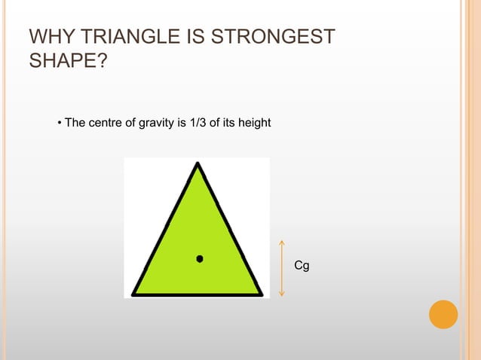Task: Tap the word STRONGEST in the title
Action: (279, 38)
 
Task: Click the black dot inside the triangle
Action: (199, 258)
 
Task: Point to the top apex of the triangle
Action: (197, 164)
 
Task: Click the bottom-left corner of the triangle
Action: (134, 293)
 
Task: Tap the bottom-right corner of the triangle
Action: (261, 293)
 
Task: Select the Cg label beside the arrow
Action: (302, 266)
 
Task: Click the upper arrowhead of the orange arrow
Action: (281, 243)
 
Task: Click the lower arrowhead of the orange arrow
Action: (281, 293)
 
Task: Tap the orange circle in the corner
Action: (443, 314)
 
